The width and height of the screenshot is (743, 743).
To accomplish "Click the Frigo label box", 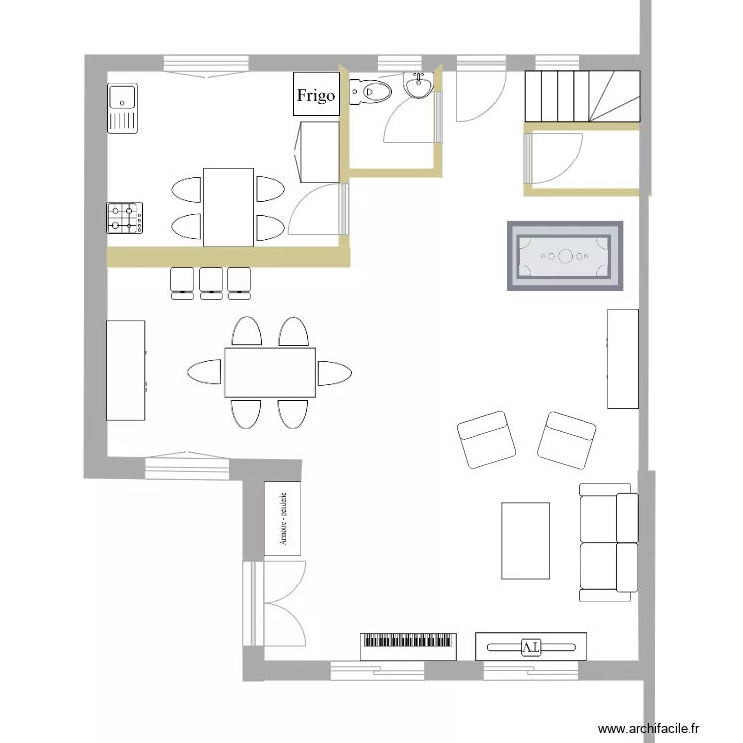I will (316, 96).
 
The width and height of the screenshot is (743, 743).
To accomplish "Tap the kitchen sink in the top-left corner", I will (123, 107).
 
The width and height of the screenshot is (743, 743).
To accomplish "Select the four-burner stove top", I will (125, 218).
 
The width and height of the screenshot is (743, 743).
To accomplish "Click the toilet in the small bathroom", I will (371, 93).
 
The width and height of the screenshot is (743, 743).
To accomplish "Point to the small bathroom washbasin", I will (419, 86).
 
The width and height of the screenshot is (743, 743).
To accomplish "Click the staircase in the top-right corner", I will (582, 97).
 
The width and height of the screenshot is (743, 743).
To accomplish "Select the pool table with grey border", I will (566, 257).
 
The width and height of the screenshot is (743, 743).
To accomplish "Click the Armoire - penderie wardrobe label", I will (284, 519).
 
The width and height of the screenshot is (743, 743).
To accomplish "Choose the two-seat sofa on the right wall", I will (607, 542).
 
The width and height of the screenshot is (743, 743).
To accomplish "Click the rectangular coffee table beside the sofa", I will (525, 540).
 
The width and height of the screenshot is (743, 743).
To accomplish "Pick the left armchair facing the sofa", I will (486, 439).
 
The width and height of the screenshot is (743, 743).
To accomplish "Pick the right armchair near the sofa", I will (567, 439).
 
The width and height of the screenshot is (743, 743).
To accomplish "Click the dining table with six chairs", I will (269, 372).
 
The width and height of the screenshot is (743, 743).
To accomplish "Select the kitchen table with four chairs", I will (228, 206).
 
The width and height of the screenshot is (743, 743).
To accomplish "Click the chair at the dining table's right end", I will (334, 373).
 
